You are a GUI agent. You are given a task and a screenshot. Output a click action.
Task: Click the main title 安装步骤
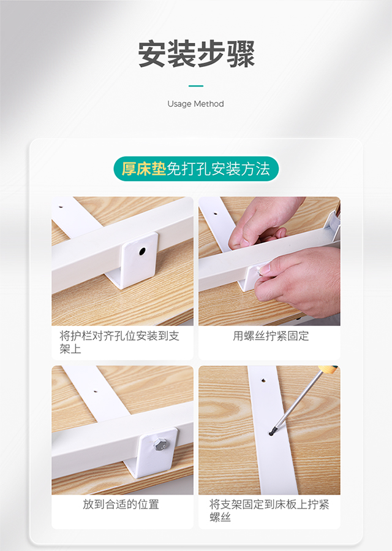196,54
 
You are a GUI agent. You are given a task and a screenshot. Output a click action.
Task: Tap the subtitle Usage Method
195,104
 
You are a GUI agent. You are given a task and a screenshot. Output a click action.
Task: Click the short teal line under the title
195,86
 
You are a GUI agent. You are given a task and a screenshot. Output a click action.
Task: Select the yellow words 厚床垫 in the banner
144,169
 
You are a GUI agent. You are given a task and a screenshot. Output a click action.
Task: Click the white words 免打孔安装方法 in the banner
218,169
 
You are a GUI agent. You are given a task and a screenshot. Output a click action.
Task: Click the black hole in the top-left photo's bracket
142,251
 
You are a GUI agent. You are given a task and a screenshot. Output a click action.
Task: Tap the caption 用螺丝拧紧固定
271,336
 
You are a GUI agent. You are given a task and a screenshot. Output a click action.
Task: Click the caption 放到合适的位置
121,504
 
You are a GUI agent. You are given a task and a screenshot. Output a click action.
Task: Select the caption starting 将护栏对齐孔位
119,342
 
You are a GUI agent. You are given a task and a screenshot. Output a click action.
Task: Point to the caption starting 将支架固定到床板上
269,511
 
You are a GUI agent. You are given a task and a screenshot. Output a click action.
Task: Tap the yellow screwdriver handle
328,369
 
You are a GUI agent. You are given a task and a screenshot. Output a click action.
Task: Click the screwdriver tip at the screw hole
271,434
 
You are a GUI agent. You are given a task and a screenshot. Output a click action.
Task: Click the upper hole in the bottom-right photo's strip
263,380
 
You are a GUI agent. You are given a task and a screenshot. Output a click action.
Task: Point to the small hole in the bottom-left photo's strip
96,390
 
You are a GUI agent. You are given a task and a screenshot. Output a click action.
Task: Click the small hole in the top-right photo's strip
215,212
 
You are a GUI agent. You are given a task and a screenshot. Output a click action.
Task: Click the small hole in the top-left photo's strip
61,207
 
